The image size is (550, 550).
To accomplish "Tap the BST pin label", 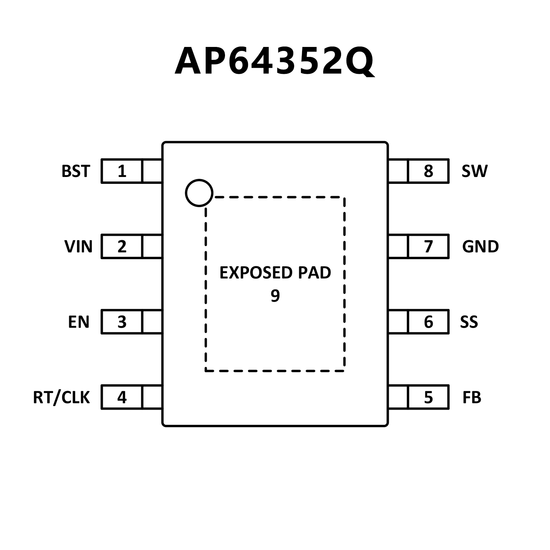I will click(x=76, y=171).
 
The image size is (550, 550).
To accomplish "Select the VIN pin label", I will click(x=78, y=247).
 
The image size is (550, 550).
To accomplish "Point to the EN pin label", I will click(x=78, y=322).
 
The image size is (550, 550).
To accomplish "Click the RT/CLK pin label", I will click(x=61, y=397).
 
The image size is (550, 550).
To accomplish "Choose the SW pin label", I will click(x=474, y=171).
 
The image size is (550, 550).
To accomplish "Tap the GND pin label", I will click(x=480, y=247).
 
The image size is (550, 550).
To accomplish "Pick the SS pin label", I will click(x=469, y=322).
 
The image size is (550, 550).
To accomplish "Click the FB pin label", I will click(x=472, y=397).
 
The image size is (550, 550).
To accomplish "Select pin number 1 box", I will click(x=122, y=171).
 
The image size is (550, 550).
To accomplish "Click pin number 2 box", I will click(x=122, y=247).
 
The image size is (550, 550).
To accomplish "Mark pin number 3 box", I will click(x=122, y=322).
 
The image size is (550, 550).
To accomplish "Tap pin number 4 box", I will click(x=122, y=397).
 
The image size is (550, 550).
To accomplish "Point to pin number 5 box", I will click(x=428, y=397).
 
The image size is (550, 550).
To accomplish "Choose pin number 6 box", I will click(x=428, y=322).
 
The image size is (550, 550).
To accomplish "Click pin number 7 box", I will click(x=428, y=247).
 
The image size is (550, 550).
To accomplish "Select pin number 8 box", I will click(x=428, y=171).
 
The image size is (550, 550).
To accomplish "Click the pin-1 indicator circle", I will click(x=199, y=193).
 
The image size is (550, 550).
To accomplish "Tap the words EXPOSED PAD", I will click(x=275, y=273).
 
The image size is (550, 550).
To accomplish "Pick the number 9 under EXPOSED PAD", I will click(x=275, y=296).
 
